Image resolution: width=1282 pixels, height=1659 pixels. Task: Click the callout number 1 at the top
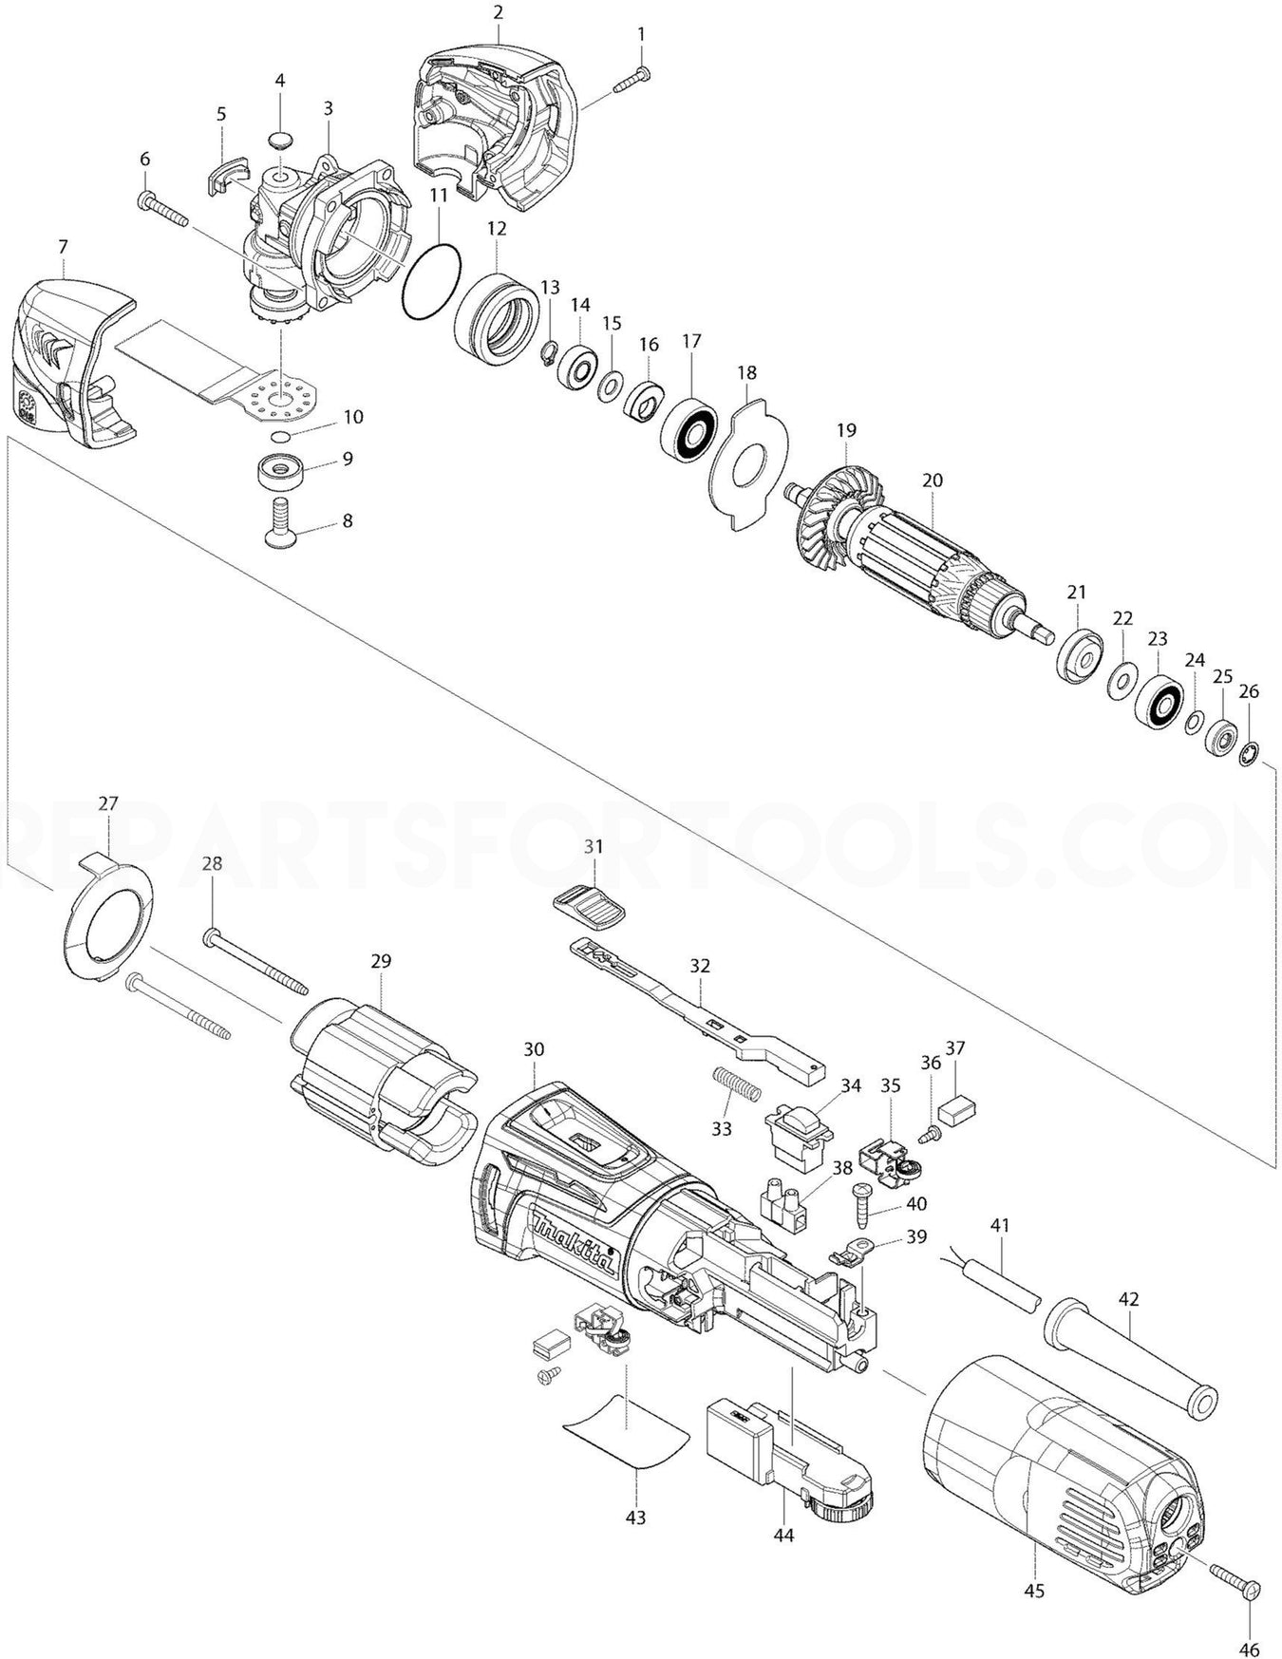[641, 35]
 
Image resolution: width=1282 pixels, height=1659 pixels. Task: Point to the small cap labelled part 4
[279, 141]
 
